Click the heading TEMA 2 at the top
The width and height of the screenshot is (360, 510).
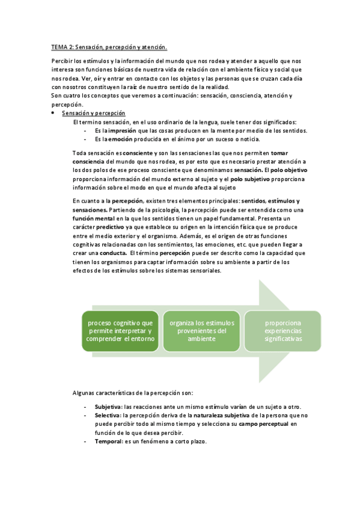click(109, 46)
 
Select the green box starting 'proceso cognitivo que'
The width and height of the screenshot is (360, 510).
click(121, 330)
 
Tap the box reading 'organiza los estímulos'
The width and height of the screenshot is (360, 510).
click(201, 330)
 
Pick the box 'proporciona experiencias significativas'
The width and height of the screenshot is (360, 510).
click(282, 330)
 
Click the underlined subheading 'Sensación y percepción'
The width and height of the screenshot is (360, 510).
click(93, 113)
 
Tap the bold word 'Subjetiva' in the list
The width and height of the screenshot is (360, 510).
click(107, 407)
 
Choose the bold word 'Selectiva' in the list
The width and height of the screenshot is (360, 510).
click(107, 415)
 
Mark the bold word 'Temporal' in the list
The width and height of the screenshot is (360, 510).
click(108, 441)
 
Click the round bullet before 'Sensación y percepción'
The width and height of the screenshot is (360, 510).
click(53, 113)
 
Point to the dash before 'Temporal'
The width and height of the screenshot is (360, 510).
click(85, 441)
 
